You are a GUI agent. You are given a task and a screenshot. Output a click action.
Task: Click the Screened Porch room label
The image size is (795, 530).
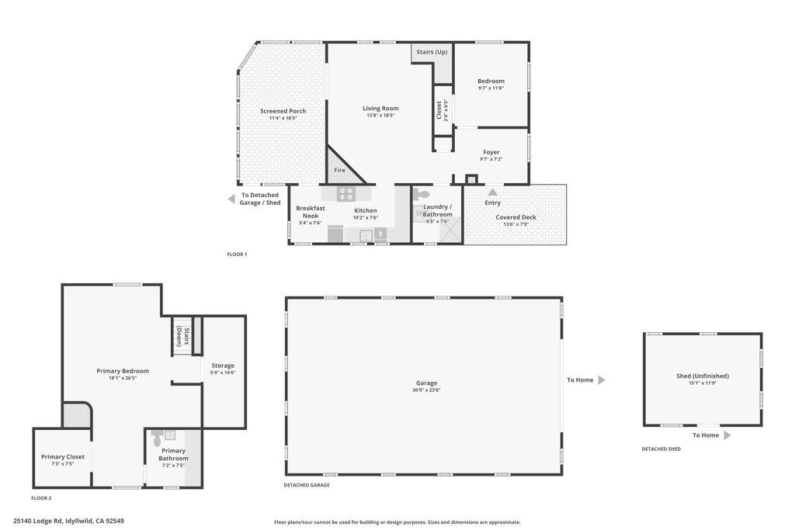point(283,111)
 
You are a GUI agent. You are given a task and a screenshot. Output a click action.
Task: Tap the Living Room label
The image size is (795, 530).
point(380,109)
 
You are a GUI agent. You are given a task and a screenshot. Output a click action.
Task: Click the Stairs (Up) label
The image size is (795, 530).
point(431,52)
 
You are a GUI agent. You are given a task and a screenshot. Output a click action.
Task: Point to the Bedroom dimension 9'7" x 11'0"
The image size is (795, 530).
point(491,88)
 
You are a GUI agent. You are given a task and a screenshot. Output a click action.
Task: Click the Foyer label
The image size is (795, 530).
point(491,152)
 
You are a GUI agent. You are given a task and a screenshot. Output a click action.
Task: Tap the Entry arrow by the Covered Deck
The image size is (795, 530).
point(492,192)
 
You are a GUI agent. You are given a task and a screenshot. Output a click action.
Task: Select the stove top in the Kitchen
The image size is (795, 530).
point(345,194)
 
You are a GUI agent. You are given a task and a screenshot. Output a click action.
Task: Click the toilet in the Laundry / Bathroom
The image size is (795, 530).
point(422,195)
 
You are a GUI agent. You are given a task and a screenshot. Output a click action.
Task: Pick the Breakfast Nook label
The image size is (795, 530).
point(310,211)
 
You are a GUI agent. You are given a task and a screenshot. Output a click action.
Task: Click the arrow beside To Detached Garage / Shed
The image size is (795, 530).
point(231,199)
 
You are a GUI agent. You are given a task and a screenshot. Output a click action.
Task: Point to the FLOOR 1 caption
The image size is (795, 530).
point(237,255)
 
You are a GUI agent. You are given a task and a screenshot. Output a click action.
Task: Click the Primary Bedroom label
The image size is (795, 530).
point(123,371)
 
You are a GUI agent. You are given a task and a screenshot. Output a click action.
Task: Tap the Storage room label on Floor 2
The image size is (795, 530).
point(222,365)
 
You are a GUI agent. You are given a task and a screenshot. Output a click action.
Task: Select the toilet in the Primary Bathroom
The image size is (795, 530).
point(158,435)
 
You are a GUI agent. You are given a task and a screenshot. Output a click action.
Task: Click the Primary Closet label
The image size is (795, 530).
point(63,457)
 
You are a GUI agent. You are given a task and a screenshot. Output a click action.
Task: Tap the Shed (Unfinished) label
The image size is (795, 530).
point(702,376)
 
